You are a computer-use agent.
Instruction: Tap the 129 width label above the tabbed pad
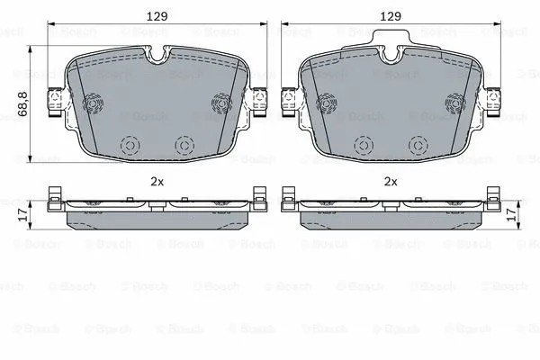390,15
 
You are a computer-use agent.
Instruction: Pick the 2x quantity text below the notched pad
157,181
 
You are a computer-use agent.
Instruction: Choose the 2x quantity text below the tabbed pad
390,181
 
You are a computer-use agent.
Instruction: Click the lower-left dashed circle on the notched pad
129,144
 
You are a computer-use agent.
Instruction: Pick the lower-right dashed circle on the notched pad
184,144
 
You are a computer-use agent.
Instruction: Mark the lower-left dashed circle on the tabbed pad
364,144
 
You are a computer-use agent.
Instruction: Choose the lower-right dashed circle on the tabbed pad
418,144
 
